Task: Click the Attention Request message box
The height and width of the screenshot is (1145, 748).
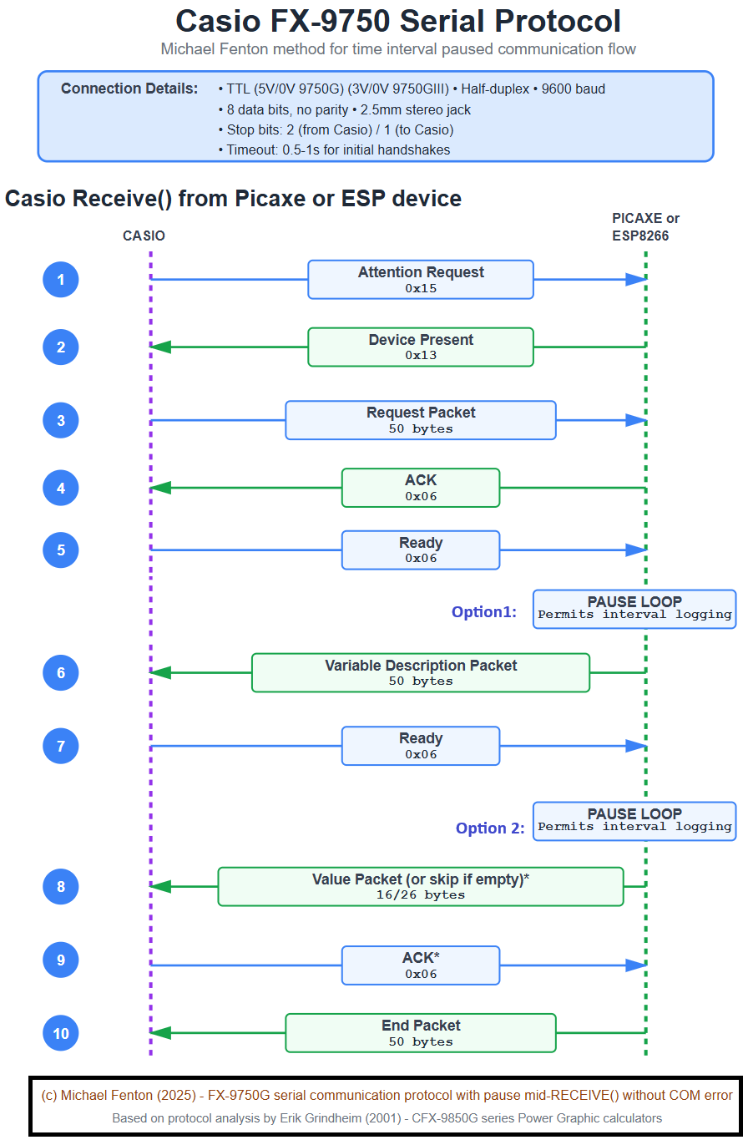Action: point(420,279)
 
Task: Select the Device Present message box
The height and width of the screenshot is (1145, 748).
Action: point(420,347)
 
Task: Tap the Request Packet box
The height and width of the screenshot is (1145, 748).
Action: point(420,420)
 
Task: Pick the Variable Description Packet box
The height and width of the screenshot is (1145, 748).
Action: point(420,672)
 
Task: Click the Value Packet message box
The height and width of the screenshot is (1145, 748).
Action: point(420,886)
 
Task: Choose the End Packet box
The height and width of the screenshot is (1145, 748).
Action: point(420,1033)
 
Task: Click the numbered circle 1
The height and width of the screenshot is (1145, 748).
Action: point(61,279)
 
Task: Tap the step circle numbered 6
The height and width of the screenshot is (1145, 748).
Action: point(61,672)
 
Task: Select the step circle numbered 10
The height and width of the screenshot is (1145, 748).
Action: point(61,1033)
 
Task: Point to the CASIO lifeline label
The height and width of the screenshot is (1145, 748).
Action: point(144,236)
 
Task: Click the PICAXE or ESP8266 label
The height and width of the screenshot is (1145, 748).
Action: point(645,227)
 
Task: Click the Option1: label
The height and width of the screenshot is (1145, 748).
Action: point(484,612)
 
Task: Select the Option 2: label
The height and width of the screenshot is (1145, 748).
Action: point(490,828)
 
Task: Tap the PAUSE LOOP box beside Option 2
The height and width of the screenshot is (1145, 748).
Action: point(634,820)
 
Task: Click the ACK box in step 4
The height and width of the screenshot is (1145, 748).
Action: point(420,488)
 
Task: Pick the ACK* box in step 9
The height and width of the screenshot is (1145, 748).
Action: point(420,965)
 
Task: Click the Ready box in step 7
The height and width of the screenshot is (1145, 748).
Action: point(420,746)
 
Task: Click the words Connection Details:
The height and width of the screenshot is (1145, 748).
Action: point(129,89)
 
